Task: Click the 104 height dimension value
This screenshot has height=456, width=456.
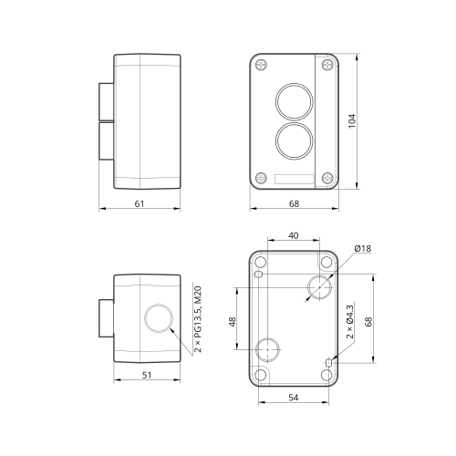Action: (x=352, y=121)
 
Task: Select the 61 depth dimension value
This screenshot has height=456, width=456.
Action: (x=140, y=203)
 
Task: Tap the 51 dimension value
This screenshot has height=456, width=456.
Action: (x=147, y=375)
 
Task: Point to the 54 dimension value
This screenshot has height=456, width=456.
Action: (x=294, y=398)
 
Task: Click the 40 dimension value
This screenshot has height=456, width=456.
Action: (x=294, y=235)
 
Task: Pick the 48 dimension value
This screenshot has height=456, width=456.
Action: (x=233, y=322)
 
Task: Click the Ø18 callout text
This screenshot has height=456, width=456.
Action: (x=363, y=248)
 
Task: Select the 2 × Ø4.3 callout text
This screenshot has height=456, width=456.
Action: (x=350, y=322)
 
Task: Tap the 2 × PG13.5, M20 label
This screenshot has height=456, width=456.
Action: (x=198, y=319)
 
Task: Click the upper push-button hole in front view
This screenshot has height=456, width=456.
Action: (x=294, y=101)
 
